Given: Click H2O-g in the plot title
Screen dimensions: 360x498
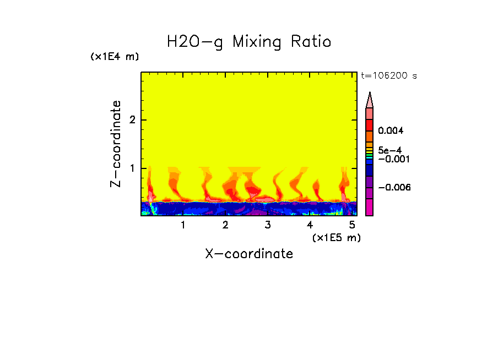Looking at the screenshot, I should point(195,42).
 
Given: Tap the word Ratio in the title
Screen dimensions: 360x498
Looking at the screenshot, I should point(311,42).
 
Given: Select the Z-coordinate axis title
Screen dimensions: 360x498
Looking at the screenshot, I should point(116,144).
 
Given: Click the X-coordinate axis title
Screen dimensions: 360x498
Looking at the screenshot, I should point(249,254).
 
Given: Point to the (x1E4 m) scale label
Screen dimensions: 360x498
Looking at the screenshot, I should point(115,57).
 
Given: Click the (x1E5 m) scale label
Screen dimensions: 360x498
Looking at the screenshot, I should point(336,237).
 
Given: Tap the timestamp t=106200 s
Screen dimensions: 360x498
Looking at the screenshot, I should point(389,76).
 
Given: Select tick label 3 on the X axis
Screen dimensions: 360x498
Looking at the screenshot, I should point(268,225).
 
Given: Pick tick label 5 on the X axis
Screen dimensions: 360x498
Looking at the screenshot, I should point(352,225).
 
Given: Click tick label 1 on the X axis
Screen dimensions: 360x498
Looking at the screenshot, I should point(183,225).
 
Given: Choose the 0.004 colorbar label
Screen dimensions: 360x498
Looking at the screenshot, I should point(391,131).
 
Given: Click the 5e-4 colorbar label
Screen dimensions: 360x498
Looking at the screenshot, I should point(390,150).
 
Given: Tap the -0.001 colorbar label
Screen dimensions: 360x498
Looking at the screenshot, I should point(392,159).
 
